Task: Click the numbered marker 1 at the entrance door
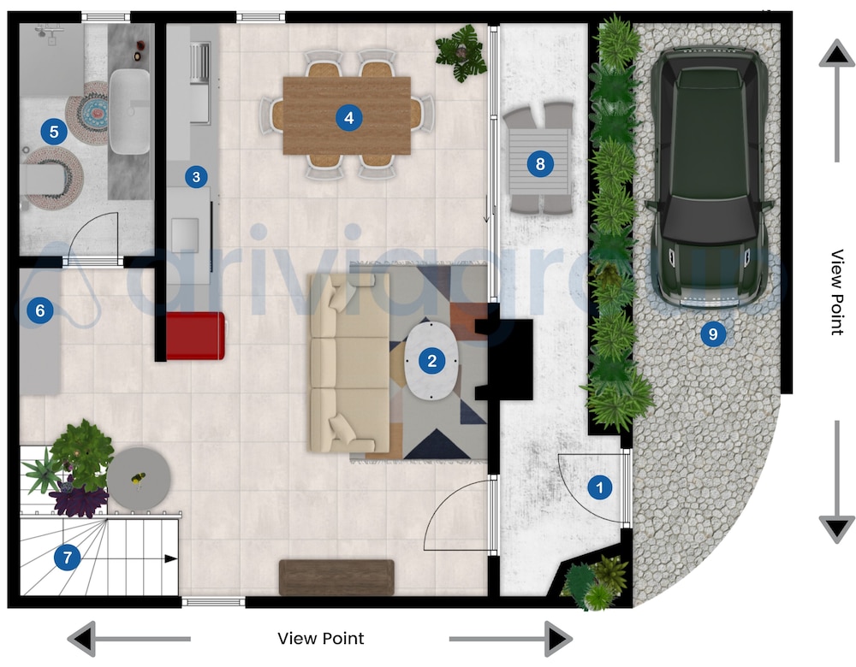click(599, 488)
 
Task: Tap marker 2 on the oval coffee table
click(432, 361)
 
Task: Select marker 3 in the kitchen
click(196, 177)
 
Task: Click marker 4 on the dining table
click(348, 117)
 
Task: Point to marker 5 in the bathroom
click(54, 132)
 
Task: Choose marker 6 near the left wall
click(39, 310)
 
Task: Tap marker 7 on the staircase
click(67, 558)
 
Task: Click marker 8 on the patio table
click(538, 162)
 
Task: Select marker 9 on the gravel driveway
click(712, 333)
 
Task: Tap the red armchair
click(195, 335)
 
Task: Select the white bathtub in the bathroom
click(130, 111)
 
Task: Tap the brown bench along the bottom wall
click(336, 577)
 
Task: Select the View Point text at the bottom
click(321, 639)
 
